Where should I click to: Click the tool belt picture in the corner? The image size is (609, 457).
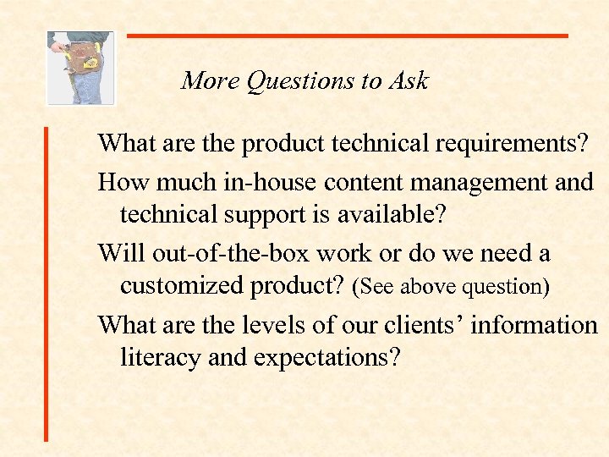[80, 68]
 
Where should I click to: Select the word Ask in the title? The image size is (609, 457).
[410, 81]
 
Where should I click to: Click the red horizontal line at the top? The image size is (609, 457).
[347, 36]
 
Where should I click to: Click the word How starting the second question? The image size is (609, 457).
[121, 182]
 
